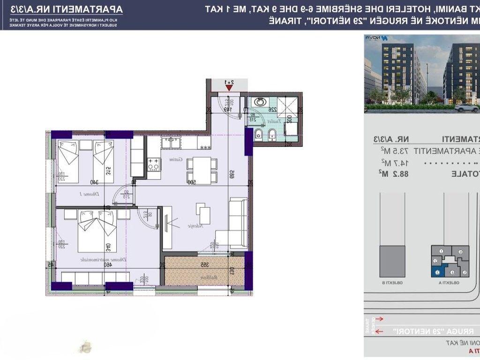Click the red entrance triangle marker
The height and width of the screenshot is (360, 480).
[x=229, y=86]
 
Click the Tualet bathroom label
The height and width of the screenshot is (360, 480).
[x=275, y=121]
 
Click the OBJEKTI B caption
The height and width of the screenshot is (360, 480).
[x=391, y=283]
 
